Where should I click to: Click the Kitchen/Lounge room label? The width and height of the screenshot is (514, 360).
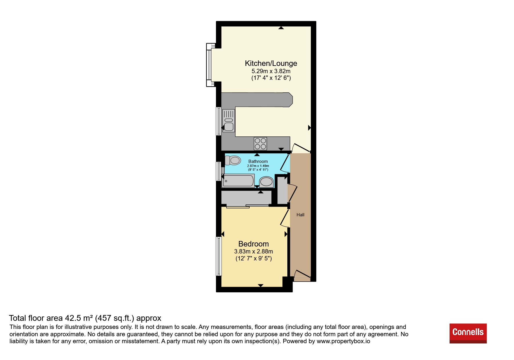point(271,63)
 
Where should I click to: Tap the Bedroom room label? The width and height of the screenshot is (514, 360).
point(253,244)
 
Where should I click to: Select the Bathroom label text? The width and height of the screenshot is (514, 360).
point(258,161)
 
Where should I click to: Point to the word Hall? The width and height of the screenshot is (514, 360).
point(300,215)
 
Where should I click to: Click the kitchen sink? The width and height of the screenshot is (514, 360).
point(229,120)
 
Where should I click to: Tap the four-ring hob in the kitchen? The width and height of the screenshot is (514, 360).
point(260,144)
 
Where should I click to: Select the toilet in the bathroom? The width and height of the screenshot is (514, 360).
point(233,160)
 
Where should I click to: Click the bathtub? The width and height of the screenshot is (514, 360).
point(238,181)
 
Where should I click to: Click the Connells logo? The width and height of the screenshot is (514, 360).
point(468,333)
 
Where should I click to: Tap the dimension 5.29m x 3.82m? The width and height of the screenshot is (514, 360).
point(271,71)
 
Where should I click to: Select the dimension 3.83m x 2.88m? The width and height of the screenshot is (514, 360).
point(253,251)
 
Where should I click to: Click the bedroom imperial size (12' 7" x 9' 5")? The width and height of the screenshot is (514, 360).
point(253,258)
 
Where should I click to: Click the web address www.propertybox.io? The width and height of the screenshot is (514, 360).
point(343,341)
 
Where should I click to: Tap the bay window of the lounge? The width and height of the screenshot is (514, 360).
point(210,65)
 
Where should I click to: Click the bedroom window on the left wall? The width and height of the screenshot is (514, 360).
point(219,256)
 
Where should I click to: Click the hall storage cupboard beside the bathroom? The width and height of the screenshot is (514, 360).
point(282,190)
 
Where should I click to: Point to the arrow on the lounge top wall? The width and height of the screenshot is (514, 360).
point(281,28)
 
